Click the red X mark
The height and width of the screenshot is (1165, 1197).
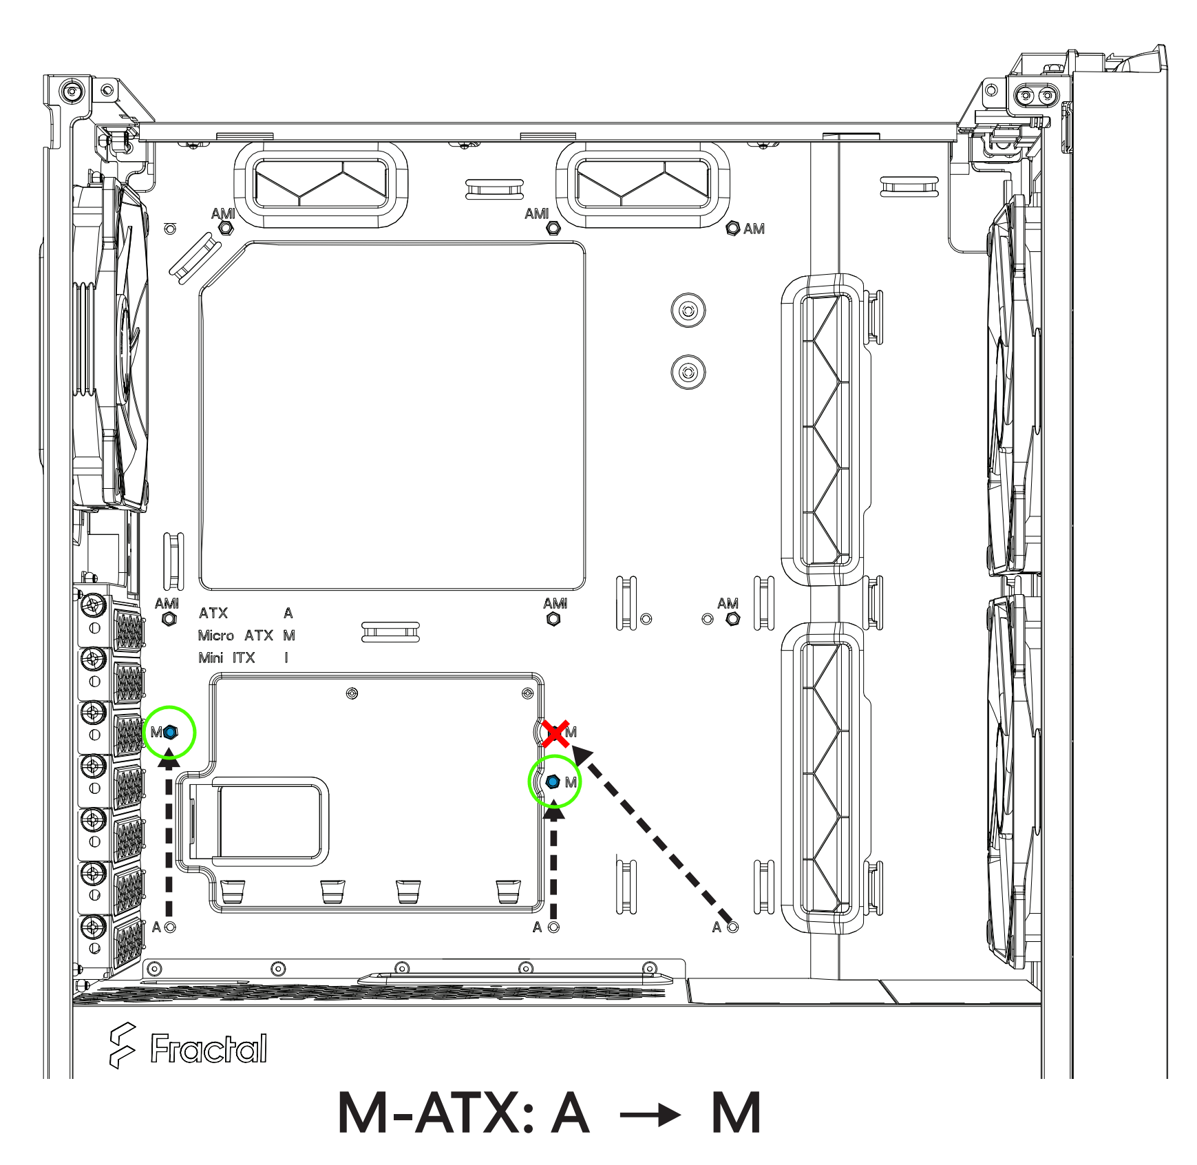pos(555,733)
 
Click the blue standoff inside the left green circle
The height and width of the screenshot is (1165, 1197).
pos(171,732)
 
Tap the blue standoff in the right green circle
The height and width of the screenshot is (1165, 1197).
pos(553,782)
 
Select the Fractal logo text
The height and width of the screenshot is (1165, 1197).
pos(209,1049)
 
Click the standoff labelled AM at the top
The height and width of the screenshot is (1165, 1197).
pos(733,228)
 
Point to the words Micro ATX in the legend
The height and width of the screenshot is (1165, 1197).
pos(235,635)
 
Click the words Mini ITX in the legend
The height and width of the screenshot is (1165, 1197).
pos(226,658)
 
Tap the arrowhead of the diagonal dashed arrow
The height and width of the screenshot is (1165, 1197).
pos(582,754)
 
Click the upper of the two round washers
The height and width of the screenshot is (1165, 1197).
pos(688,310)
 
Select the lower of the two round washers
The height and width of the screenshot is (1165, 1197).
pos(688,372)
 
